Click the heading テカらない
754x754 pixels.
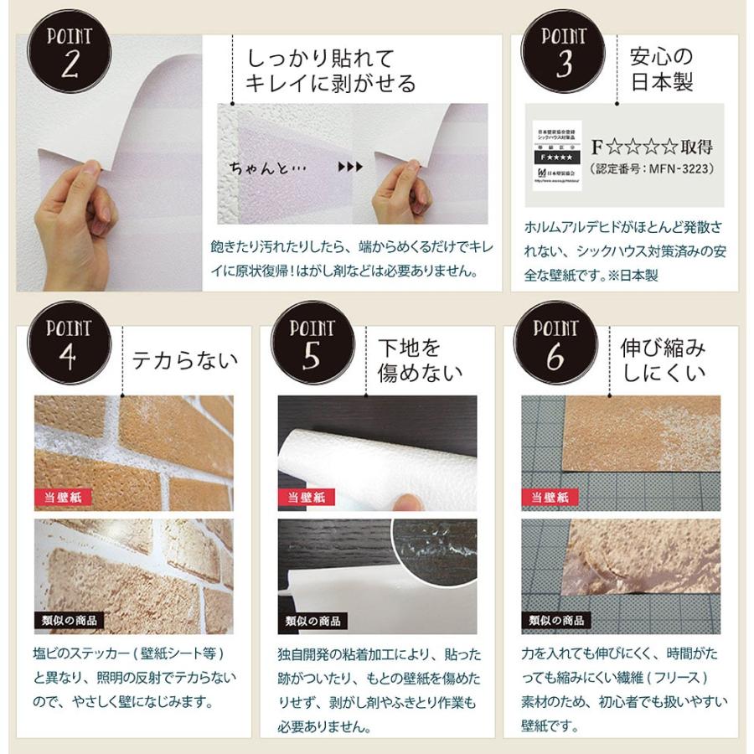click(x=185, y=359)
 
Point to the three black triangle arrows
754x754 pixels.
click(x=349, y=167)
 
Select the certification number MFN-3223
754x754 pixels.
click(x=651, y=168)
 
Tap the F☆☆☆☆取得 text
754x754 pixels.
click(x=652, y=147)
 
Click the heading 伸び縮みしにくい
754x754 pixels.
click(x=662, y=359)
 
